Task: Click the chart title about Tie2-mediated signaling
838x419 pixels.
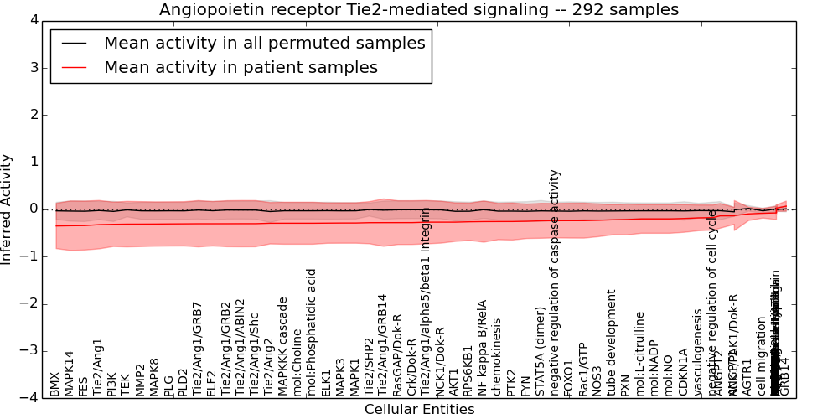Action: (419, 9)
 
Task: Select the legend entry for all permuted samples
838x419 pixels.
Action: (264, 44)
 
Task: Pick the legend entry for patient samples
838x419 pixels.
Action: (241, 67)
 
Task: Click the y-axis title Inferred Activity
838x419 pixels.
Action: (8, 209)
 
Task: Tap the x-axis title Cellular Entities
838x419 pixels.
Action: (419, 410)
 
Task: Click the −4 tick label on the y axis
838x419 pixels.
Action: (27, 398)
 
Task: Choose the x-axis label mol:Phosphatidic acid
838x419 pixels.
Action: (312, 333)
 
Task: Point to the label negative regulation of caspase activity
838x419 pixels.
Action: (555, 282)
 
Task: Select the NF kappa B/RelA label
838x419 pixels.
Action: (483, 348)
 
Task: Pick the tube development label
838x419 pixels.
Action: (612, 343)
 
